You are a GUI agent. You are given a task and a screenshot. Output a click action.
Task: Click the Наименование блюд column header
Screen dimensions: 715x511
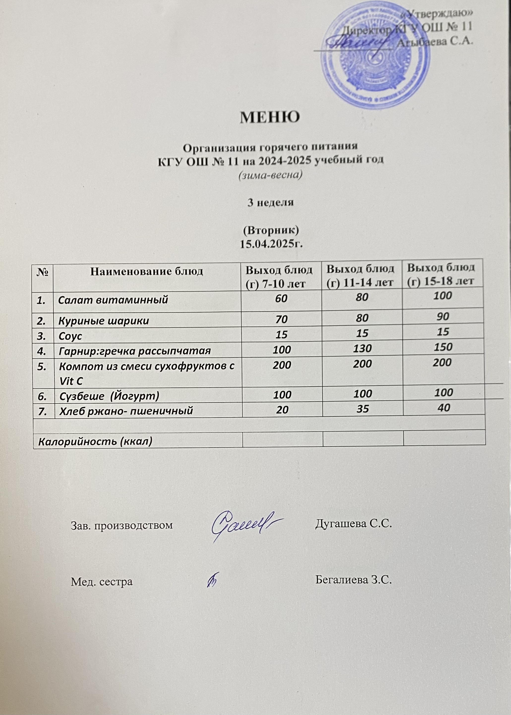coord(147,271)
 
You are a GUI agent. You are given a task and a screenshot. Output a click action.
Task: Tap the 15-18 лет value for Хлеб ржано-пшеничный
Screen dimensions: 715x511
coord(444,408)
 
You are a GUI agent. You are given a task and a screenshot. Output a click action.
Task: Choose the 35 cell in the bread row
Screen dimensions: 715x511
coord(362,409)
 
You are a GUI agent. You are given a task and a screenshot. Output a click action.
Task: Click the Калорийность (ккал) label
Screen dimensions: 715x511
coord(95,441)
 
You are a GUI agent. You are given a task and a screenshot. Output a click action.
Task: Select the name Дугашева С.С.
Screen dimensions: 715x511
coord(353,524)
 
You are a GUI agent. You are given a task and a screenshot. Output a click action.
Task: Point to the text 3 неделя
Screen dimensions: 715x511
coord(271,202)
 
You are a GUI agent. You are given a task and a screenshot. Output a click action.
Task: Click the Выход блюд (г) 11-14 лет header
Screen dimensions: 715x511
coord(360,276)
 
